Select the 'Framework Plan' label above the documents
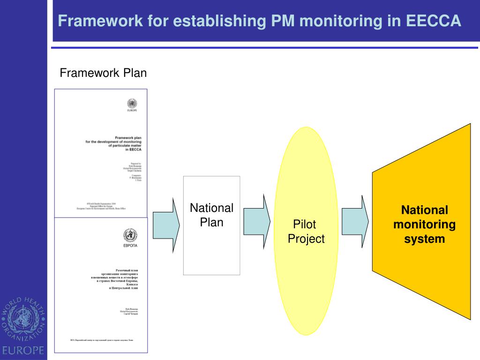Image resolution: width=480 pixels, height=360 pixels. point(103,73)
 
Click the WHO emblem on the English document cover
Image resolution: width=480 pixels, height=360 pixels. point(132,104)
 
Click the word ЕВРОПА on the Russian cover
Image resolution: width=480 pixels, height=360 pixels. point(130,246)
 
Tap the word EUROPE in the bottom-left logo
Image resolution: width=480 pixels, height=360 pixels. point(23,350)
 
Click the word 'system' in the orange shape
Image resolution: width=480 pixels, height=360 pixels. point(424,239)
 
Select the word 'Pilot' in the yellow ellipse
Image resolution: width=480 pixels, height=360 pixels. point(305,224)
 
